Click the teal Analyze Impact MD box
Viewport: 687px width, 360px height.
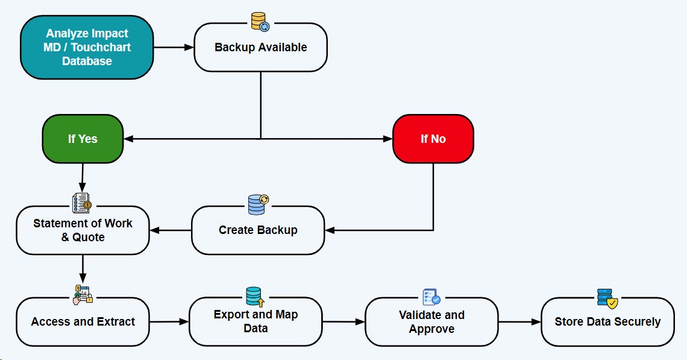[x=87, y=48]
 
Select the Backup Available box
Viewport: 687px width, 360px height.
[x=260, y=48]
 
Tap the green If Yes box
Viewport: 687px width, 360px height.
[x=83, y=139]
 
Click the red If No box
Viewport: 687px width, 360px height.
[x=433, y=139]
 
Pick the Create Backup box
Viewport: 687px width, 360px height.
[x=258, y=230]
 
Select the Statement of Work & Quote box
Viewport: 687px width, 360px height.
[x=83, y=230]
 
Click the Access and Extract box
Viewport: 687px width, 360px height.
[x=83, y=322]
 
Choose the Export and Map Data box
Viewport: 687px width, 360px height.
[x=256, y=322]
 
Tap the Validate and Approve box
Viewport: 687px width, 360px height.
[x=431, y=322]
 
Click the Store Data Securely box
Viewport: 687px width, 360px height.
[x=607, y=322]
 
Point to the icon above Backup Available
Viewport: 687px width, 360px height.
[x=260, y=22]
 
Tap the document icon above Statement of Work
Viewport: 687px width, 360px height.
[x=81, y=203]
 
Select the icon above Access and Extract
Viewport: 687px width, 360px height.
[x=83, y=294]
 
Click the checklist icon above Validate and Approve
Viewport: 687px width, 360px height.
[x=431, y=297]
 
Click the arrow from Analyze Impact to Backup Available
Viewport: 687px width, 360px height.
[x=174, y=46]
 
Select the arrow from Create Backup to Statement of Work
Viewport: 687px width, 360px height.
[x=171, y=230]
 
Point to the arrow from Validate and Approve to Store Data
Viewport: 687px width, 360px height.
[x=519, y=322]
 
